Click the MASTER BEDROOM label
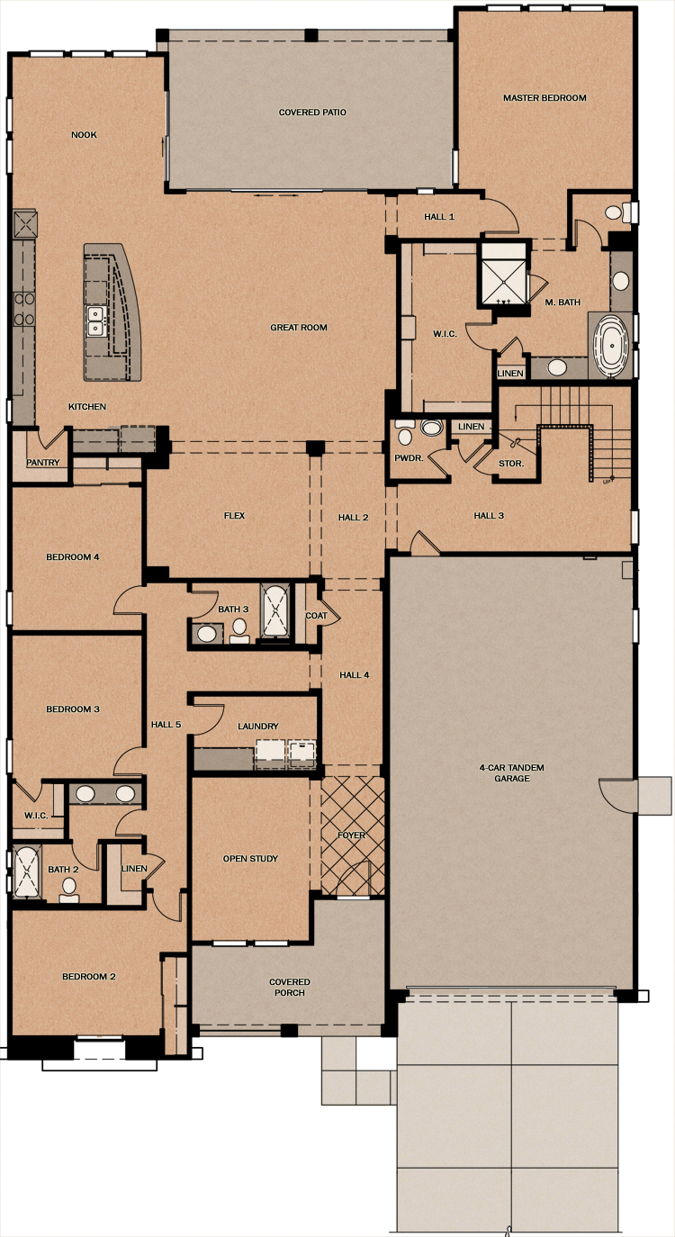(x=544, y=98)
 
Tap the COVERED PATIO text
(x=312, y=113)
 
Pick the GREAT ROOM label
(x=299, y=328)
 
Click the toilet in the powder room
(x=405, y=434)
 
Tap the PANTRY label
(x=42, y=462)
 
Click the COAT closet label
(x=316, y=615)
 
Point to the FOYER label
(x=352, y=835)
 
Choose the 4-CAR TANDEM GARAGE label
(x=511, y=772)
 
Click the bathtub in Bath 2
(x=26, y=872)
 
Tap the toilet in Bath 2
(x=69, y=889)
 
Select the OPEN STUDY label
(x=250, y=858)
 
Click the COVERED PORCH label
(x=290, y=987)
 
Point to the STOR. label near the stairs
(x=511, y=464)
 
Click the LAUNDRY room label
(x=257, y=727)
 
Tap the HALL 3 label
(x=489, y=515)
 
